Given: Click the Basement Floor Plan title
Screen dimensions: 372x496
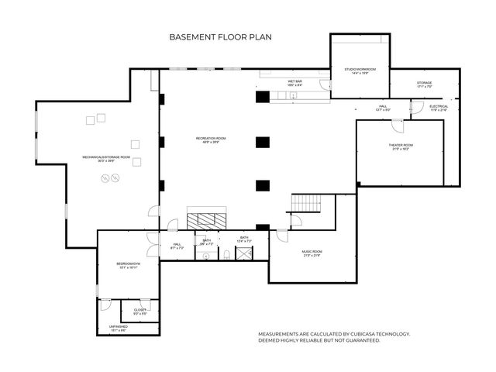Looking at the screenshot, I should [220, 36].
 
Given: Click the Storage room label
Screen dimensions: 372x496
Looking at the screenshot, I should [424, 84].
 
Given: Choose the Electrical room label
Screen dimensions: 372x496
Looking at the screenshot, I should [439, 108].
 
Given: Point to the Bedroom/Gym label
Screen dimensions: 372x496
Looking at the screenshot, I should [127, 265].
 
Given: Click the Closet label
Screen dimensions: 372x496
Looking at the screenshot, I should [140, 312].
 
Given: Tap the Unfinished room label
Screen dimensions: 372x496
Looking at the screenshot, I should [118, 328].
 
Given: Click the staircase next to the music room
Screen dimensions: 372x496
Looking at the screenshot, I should [305, 203].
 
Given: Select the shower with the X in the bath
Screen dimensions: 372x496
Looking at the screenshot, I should [245, 252].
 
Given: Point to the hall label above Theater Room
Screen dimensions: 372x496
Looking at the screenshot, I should [383, 108].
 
